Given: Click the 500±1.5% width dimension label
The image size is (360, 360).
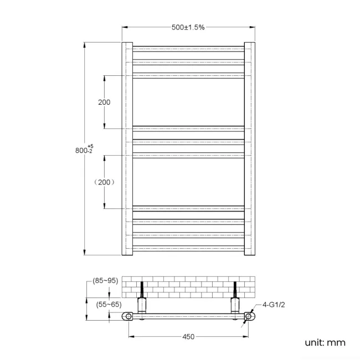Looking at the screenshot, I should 188,27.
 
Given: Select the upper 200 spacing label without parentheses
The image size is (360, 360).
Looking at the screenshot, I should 104,102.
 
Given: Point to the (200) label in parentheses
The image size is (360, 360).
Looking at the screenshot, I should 104,182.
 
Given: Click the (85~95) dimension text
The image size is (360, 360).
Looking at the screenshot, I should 105,281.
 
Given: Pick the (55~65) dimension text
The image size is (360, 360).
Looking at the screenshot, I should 109,304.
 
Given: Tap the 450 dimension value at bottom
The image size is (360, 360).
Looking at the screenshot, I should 188,336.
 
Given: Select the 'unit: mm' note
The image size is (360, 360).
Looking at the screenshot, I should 325,342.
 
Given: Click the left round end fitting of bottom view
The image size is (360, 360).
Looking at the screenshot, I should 128,317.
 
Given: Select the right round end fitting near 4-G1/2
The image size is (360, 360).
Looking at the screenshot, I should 249,317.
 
